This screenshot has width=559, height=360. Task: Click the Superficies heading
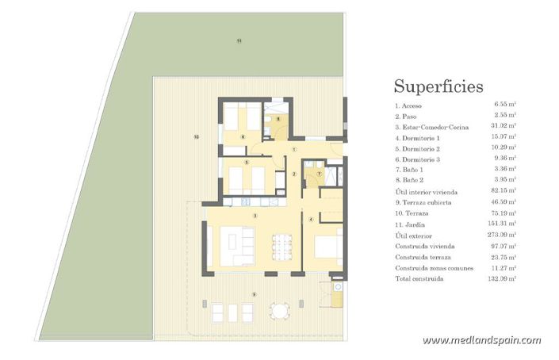pyautogui.click(x=438, y=86)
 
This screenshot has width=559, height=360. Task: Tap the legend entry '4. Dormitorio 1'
pyautogui.click(x=417, y=137)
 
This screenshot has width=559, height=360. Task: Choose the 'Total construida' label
pyautogui.click(x=420, y=279)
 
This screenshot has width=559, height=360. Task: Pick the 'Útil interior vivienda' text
pyautogui.click(x=426, y=191)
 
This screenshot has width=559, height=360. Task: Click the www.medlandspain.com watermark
pyautogui.click(x=481, y=340)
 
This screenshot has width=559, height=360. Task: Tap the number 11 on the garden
pyautogui.click(x=238, y=40)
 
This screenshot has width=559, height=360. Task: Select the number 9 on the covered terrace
pyautogui.click(x=254, y=294)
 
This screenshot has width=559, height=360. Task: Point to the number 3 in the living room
pyautogui.click(x=255, y=215)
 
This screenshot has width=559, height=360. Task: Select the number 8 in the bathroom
pyautogui.click(x=278, y=119)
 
